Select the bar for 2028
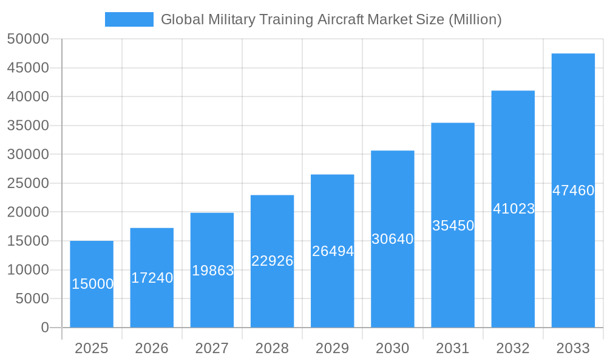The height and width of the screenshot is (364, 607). (272, 291)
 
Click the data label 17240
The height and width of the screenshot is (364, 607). (152, 278)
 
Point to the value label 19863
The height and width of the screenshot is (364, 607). (212, 271)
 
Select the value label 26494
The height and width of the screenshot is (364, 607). (333, 251)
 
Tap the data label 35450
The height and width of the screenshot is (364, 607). (453, 226)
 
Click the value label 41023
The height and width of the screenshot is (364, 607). (514, 209)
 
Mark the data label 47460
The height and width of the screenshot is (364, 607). (573, 190)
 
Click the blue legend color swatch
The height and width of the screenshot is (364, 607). (129, 19)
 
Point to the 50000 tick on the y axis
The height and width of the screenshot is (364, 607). (28, 39)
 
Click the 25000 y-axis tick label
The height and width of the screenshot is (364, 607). (28, 183)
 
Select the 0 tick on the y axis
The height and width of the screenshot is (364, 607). (45, 328)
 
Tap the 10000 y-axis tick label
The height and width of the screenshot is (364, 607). (28, 270)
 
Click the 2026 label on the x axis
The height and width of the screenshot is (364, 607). (152, 348)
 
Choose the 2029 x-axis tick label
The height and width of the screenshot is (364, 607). (333, 348)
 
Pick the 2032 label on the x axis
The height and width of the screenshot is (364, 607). (513, 348)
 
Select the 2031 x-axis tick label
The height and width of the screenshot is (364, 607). (453, 348)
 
